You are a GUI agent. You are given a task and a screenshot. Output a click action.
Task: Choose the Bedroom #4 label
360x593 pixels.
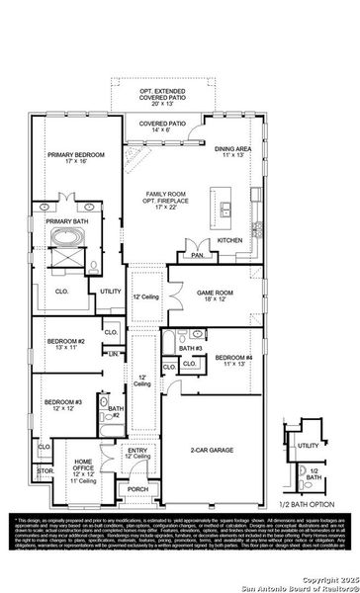click(x=234, y=358)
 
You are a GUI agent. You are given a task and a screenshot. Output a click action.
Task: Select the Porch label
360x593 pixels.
click(x=137, y=488)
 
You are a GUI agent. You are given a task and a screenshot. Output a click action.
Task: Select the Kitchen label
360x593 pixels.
click(x=229, y=240)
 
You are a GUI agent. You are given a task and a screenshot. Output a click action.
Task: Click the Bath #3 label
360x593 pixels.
click(x=190, y=348)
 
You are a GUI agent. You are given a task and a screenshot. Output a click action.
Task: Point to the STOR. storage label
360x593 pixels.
click(x=44, y=472)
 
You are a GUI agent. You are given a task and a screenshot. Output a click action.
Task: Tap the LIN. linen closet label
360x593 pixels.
click(x=113, y=353)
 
